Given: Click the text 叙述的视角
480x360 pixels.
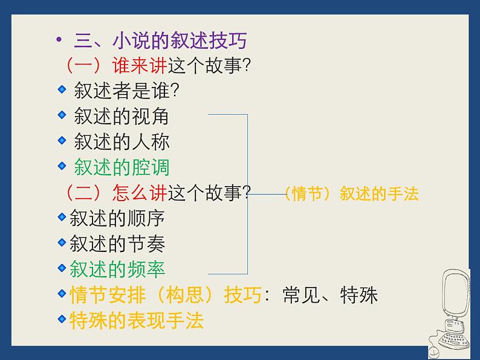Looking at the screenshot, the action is pos(122,115).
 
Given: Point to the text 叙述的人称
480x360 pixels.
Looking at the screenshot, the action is pos(122,141).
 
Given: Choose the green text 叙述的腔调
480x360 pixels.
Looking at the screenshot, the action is pos(122,167).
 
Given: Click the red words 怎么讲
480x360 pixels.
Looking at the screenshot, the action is pos(139,193).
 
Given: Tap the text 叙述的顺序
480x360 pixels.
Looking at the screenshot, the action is pos(117,217).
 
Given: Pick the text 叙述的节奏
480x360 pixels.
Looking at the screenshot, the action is pos(117,243).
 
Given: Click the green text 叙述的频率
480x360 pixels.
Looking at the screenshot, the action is pos(117,269).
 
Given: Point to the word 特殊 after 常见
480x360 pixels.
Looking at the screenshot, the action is pos(358,295).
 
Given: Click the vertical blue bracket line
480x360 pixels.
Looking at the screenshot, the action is pos(247,193).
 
